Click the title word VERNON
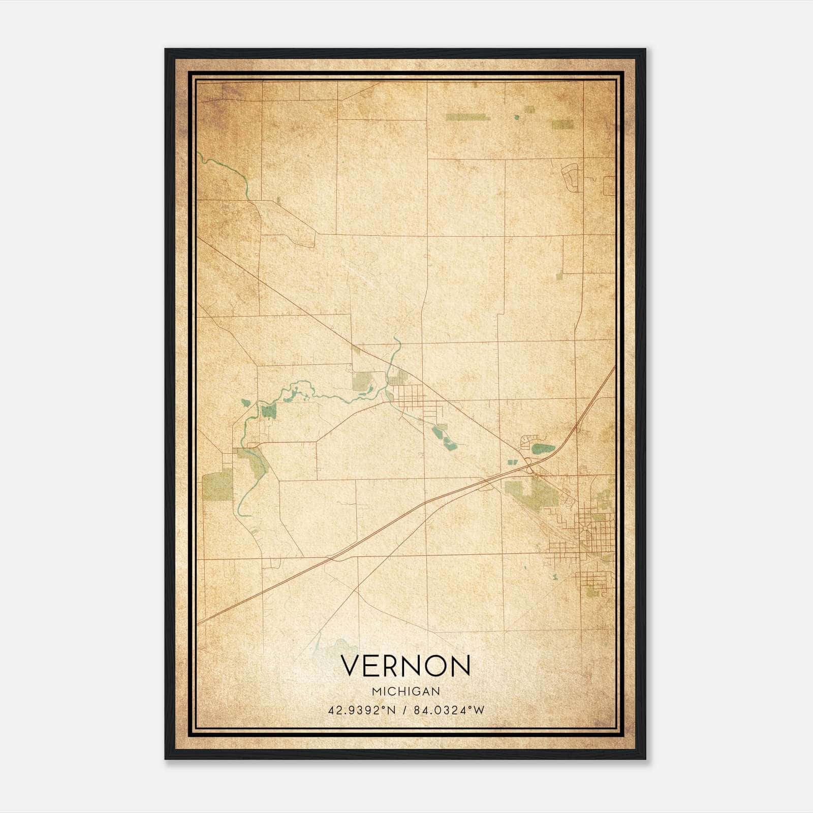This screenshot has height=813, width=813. (x=405, y=665)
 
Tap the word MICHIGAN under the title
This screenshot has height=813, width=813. (x=406, y=691)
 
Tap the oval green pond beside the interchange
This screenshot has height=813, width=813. (x=543, y=449)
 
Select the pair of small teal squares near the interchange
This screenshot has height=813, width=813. (x=512, y=462)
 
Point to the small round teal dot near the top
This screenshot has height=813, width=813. (x=517, y=118)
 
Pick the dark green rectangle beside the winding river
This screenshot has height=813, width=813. (x=269, y=411)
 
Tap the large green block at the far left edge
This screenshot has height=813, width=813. (x=217, y=486)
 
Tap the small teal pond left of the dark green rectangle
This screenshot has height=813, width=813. (x=246, y=403)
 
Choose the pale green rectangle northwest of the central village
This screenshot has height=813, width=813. (x=362, y=381)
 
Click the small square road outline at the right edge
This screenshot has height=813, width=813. (x=609, y=186)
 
